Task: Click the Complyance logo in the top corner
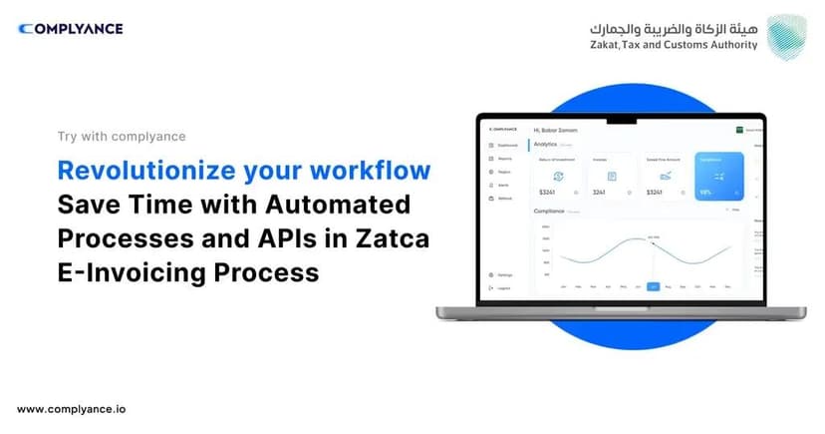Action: pos(70,29)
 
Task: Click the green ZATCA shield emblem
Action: pos(789,37)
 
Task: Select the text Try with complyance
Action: pos(122,137)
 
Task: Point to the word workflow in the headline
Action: pos(373,170)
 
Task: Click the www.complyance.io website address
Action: pos(72,409)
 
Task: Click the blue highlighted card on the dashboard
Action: pos(719,176)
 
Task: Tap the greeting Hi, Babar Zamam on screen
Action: pos(556,130)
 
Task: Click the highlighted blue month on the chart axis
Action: pos(654,286)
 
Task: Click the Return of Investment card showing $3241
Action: pos(558,176)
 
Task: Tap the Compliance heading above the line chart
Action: pos(550,212)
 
